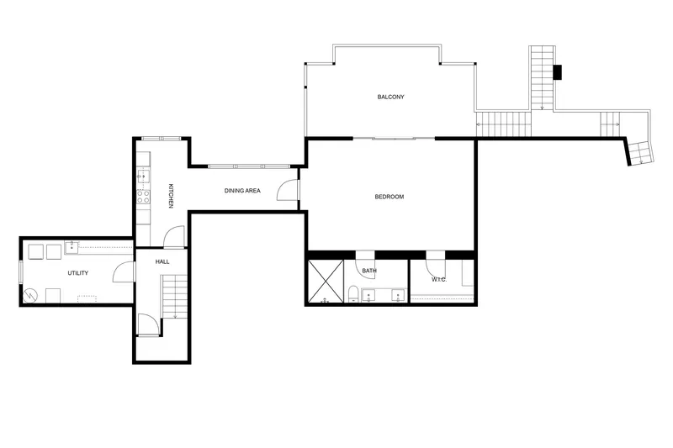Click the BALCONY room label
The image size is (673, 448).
[390, 97]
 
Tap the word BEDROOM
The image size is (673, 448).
[389, 197]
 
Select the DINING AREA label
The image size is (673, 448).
[242, 191]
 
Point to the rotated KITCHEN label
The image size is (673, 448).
[171, 196]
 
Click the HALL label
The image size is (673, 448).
[162, 261]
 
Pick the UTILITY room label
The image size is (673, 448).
[78, 273]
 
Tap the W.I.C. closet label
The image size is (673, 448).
[439, 280]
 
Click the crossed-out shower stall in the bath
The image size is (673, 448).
[326, 282]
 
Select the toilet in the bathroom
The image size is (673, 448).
[353, 294]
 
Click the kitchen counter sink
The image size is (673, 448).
[143, 176]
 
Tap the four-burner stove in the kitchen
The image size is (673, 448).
[143, 198]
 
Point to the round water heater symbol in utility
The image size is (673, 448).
[30, 295]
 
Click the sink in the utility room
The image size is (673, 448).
[72, 247]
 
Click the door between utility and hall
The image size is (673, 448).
[124, 271]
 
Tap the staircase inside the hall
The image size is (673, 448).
[175, 297]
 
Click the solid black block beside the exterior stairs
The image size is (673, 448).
[557, 72]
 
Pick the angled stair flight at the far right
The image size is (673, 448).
[640, 151]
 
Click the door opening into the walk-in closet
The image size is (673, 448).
[436, 266]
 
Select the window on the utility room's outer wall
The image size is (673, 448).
[20, 271]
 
